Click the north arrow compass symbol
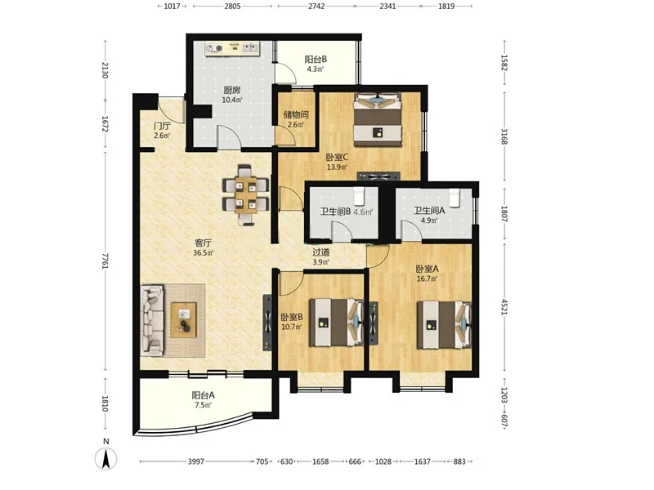tap(106, 459)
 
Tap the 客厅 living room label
tap(203, 243)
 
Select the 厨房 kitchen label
tap(232, 90)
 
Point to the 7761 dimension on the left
tap(105, 261)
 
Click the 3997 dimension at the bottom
tap(196, 461)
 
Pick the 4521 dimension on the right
tap(504, 306)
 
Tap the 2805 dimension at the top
tap(232, 7)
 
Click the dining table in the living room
tap(246, 195)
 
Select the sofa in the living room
tap(152, 320)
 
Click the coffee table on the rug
tap(183, 319)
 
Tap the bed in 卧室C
tap(378, 119)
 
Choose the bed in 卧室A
tap(445, 325)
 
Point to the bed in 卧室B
tap(336, 322)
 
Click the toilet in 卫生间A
tap(454, 197)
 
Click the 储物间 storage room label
tap(296, 114)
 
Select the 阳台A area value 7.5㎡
tap(203, 405)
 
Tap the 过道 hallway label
tap(321, 252)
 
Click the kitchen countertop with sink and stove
tap(232, 48)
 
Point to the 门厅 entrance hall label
tap(162, 126)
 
